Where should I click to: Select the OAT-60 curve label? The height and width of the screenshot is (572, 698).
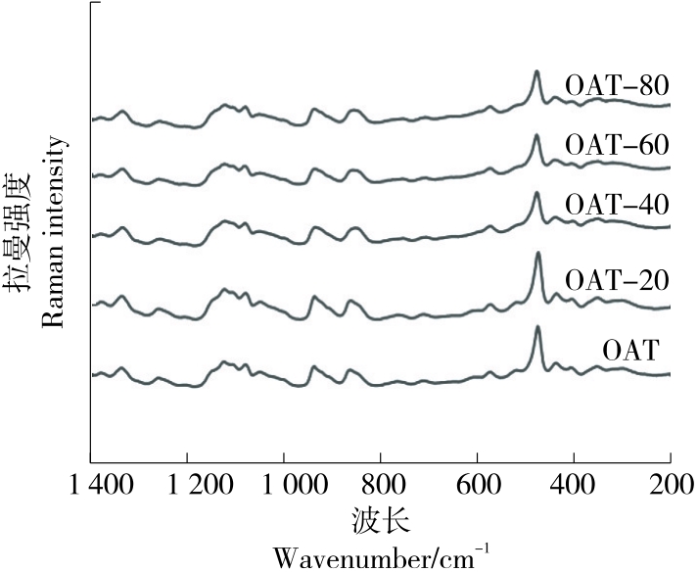pyautogui.click(x=617, y=145)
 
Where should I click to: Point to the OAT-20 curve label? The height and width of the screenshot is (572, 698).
pyautogui.click(x=617, y=282)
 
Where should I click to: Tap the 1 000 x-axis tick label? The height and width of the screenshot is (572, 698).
pyautogui.click(x=285, y=486)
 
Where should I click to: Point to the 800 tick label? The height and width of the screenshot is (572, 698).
pyautogui.click(x=380, y=486)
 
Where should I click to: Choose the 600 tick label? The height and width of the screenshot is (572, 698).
pyautogui.click(x=477, y=486)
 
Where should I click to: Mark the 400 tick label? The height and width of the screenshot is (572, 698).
pyautogui.click(x=573, y=486)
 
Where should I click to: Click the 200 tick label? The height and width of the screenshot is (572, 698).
pyautogui.click(x=669, y=486)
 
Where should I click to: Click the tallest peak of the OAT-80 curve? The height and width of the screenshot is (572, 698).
pyautogui.click(x=536, y=71)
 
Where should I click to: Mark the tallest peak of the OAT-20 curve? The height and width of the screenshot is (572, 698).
pyautogui.click(x=537, y=254)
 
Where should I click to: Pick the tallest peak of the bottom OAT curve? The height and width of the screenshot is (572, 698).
pyautogui.click(x=537, y=327)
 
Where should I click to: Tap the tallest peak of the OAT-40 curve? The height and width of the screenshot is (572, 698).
pyautogui.click(x=536, y=193)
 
